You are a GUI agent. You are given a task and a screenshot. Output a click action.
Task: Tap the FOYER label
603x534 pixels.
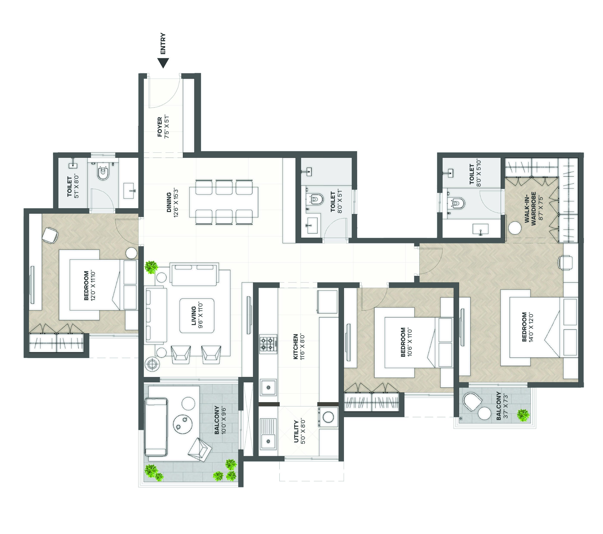tap(160, 127)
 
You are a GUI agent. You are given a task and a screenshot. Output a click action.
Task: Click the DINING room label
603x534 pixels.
tap(169, 202)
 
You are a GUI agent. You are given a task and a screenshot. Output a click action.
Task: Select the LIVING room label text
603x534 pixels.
tap(194, 316)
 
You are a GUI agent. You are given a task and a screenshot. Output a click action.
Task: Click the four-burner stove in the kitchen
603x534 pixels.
tap(268, 344)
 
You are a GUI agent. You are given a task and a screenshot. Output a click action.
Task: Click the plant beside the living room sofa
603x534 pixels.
tap(152, 267)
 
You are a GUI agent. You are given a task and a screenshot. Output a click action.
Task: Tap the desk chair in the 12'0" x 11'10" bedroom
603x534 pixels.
tap(50, 235)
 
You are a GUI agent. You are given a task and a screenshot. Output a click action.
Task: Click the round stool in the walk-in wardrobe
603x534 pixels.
tap(515, 228)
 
